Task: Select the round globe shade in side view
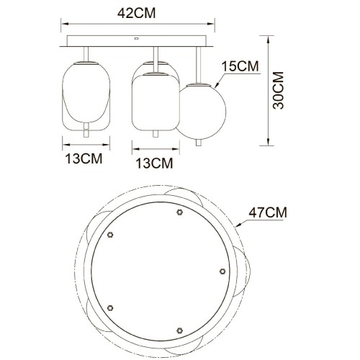pyautogui.click(x=199, y=112)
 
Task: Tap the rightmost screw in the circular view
pyautogui.click(x=222, y=271)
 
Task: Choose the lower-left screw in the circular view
pyautogui.click(x=110, y=307)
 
